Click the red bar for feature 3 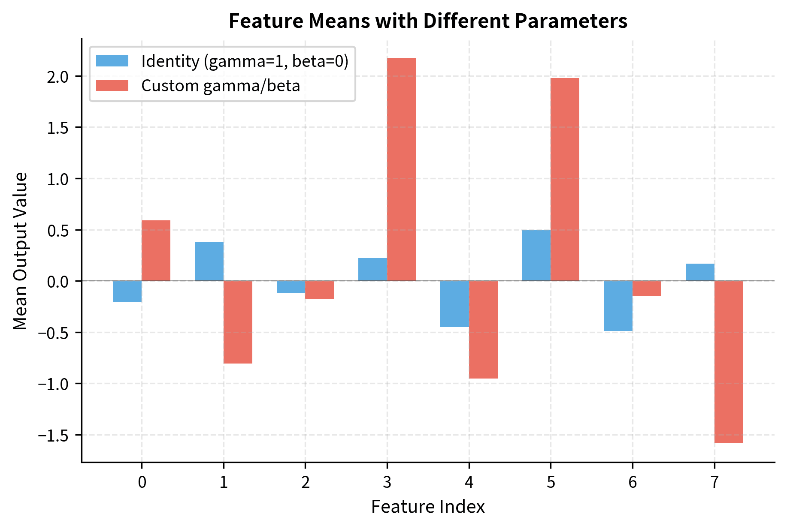pyautogui.click(x=401, y=169)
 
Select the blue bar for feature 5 pyautogui.click(x=536, y=255)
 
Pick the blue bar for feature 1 pyautogui.click(x=209, y=261)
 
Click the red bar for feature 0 pyautogui.click(x=156, y=251)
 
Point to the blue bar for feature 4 pyautogui.click(x=454, y=304)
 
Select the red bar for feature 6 pyautogui.click(x=647, y=289)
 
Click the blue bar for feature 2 pyautogui.click(x=291, y=287)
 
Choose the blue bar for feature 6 pyautogui.click(x=618, y=306)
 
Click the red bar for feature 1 pyautogui.click(x=238, y=322)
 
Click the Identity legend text pyautogui.click(x=245, y=61)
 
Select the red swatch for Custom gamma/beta pyautogui.click(x=112, y=85)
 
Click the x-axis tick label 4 pyautogui.click(x=469, y=483)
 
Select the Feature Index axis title pyautogui.click(x=428, y=507)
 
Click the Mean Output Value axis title pyautogui.click(x=20, y=251)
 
